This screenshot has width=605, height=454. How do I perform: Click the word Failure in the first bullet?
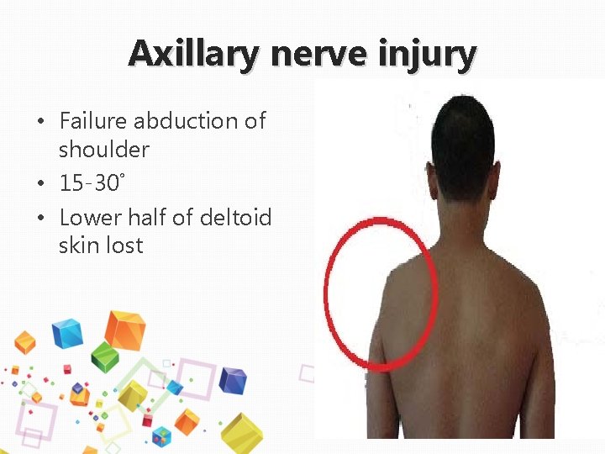93,121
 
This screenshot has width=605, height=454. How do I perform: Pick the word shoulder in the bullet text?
104,150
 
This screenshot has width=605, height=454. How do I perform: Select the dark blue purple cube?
232,381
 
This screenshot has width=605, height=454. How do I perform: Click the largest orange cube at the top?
124,330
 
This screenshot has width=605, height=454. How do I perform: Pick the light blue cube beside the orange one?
67,333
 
